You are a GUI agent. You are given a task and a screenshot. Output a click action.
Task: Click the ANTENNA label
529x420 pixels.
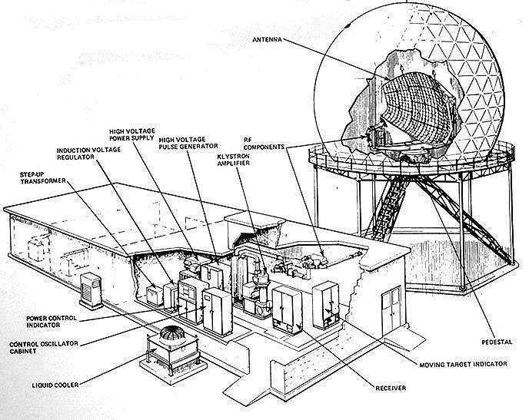point(267,39)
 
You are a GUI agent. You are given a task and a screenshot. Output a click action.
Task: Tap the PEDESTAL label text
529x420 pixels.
point(497,342)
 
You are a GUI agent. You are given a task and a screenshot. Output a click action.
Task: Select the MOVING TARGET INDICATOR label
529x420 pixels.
point(463,364)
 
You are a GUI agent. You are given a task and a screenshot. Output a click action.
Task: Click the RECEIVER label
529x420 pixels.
point(391,388)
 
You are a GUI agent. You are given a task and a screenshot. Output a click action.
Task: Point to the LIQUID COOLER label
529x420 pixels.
point(55,385)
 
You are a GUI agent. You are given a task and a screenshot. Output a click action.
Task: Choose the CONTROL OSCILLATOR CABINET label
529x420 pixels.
point(44,347)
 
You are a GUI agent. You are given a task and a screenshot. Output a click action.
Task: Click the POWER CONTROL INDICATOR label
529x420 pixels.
point(52,321)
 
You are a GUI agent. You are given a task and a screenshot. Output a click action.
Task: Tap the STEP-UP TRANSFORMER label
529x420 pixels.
point(43,177)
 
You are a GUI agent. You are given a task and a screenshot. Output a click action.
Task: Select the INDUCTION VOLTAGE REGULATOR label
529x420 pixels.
point(88,154)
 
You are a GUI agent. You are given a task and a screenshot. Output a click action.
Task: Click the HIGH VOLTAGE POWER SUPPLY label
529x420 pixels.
point(132,134)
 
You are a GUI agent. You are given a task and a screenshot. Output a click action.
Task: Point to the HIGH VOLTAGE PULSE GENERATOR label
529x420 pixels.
point(188,143)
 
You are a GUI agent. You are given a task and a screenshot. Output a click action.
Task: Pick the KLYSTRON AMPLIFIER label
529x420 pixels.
point(234,160)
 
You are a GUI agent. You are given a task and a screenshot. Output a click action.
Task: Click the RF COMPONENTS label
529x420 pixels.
point(264,144)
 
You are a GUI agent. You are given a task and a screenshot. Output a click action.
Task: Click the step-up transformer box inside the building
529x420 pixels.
point(155,296)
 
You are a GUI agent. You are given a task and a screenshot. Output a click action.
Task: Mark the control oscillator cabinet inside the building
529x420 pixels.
point(218,311)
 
